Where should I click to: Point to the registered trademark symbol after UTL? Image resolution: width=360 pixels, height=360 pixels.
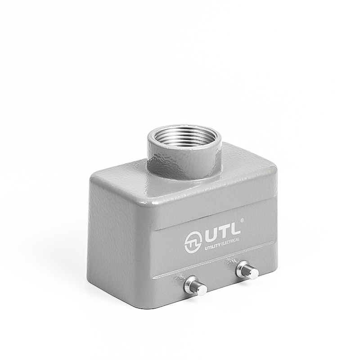pos(243,220)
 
